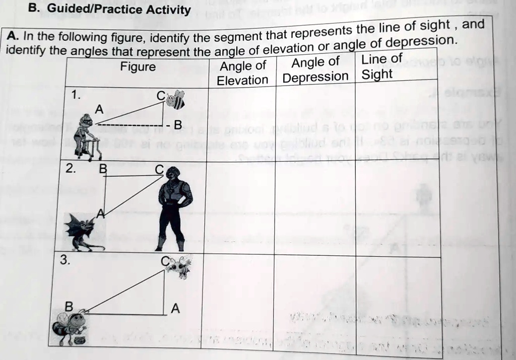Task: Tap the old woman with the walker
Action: [x=85, y=134]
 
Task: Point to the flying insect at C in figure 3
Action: [x=179, y=266]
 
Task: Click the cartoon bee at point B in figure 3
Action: [x=71, y=326]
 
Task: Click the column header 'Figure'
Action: [x=138, y=67]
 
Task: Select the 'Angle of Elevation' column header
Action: [x=243, y=73]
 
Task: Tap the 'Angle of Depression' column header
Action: [x=315, y=69]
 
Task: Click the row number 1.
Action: [x=75, y=95]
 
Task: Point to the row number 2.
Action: [x=71, y=169]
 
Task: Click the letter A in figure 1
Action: [x=99, y=108]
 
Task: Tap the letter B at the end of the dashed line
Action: [x=177, y=125]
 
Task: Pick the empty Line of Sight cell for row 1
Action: [x=396, y=121]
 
